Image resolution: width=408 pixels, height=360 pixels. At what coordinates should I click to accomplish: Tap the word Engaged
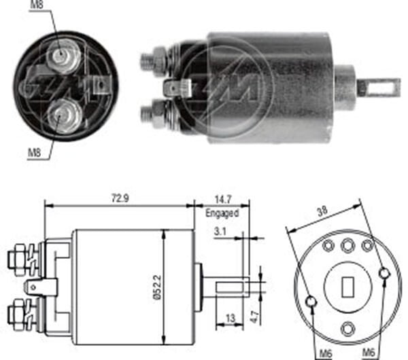coord(222,213)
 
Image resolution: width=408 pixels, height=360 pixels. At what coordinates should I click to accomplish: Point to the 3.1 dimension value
coord(220,232)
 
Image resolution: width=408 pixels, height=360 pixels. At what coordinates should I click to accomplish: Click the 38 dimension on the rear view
coord(322,211)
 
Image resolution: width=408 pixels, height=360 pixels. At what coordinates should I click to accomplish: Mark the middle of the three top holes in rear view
coord(347,245)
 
